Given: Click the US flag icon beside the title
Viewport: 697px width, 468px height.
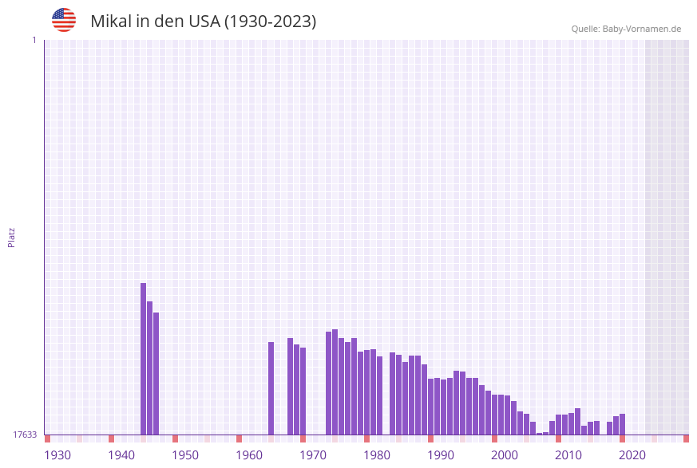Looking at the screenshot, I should (64, 20).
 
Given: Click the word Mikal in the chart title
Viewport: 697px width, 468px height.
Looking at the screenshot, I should (110, 22).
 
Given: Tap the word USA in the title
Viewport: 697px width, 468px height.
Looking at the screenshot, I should (204, 22).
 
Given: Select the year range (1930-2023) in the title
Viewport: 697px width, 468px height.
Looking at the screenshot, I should (270, 22).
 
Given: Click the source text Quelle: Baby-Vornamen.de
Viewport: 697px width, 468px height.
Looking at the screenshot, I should (626, 29).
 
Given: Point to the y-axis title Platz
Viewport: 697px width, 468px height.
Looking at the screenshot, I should (12, 237).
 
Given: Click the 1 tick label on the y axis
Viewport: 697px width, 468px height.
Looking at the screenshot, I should (34, 40).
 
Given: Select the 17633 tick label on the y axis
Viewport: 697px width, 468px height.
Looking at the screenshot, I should (25, 435).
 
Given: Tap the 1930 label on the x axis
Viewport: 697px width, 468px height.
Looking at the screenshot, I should (57, 455).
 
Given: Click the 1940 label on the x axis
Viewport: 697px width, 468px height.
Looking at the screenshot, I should (121, 455).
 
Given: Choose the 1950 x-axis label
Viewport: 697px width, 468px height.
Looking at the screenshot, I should (185, 455).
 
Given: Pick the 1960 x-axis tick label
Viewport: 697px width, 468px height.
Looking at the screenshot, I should (249, 455).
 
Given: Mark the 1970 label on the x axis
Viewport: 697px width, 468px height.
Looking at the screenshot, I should (313, 455).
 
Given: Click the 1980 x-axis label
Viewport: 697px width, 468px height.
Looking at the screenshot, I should (377, 455).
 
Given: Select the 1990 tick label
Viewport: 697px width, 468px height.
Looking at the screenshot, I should (441, 455).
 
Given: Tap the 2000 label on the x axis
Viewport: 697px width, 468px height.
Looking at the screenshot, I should (505, 455).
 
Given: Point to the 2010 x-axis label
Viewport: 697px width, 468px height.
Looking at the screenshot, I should (568, 455).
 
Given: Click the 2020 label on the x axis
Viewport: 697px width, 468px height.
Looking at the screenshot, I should (632, 455).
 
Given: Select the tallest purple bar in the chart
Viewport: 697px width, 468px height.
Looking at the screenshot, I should (144, 359).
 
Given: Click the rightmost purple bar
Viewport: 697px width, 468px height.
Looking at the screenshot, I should (622, 424).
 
